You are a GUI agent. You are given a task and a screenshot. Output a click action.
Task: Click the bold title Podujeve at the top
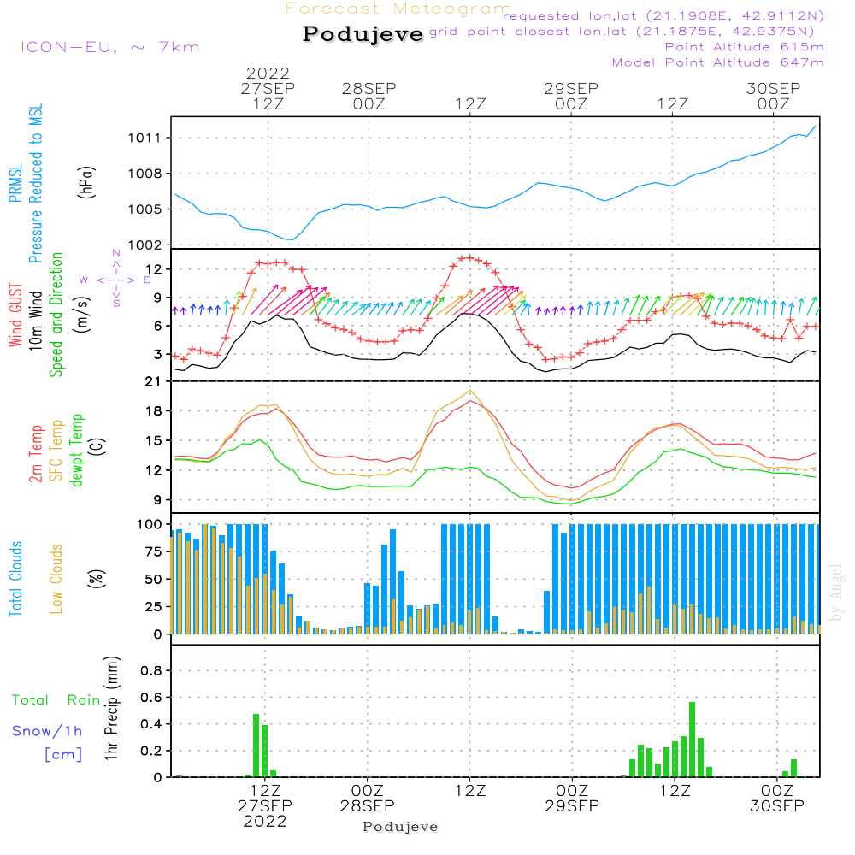[363, 34]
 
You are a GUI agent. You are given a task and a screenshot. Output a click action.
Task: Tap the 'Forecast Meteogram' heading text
[398, 9]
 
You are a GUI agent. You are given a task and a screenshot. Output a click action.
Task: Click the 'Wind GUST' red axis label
[16, 315]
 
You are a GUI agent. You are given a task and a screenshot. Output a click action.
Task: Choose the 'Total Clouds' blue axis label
[16, 579]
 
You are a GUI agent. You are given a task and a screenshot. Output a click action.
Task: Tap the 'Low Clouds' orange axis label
[56, 579]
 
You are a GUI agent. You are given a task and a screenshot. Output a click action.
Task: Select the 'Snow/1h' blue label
[47, 731]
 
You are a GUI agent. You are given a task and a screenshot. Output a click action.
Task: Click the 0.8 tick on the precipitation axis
[150, 671]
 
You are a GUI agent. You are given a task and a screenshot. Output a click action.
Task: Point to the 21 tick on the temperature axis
[154, 381]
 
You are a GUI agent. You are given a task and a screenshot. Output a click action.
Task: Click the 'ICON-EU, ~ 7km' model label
[109, 47]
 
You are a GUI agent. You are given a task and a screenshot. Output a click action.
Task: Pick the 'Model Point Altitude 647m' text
[718, 62]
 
